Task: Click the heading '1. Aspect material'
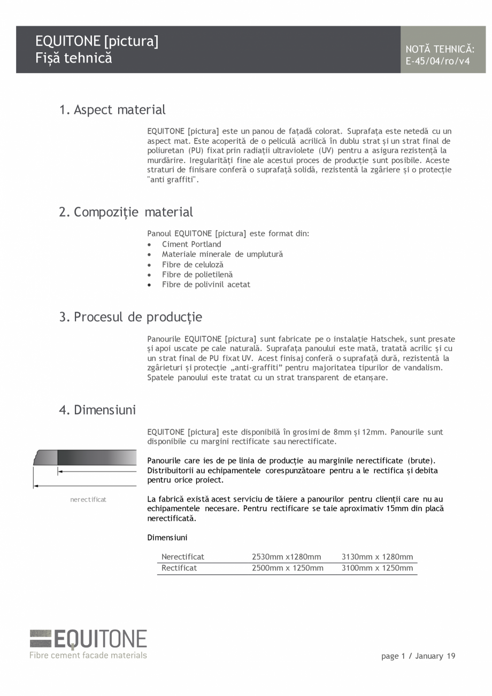coord(112,110)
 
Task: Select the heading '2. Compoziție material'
coord(126,212)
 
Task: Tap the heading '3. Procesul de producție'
coord(130,317)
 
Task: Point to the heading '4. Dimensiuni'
coord(97,410)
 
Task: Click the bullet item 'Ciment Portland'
coord(191,244)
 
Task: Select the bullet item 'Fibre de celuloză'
coord(193,265)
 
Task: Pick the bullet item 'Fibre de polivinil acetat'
coord(206,284)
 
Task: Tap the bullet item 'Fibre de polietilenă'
coord(197,275)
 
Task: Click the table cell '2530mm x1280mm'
coord(286,557)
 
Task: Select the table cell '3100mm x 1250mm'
coord(377,568)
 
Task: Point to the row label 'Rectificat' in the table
coord(179,568)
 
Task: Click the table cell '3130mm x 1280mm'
coord(377,557)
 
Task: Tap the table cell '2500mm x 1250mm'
coord(287,568)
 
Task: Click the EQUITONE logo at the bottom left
coord(88,639)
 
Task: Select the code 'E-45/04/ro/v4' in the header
coord(437,61)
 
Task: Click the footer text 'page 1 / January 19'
coord(418,656)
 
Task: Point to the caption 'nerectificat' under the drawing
coord(88,499)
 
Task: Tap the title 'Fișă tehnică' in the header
coord(74,58)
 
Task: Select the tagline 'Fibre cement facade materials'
coord(88,655)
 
